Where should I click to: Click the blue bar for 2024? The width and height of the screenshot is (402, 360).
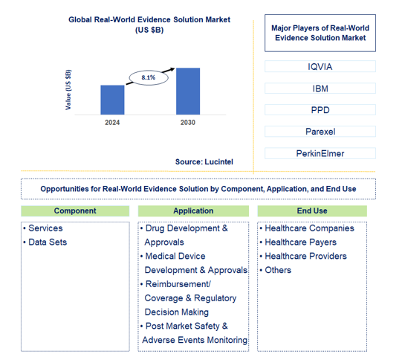(x=112, y=99)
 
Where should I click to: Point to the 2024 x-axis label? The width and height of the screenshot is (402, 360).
(x=112, y=122)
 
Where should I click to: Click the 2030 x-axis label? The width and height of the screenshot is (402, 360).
(x=187, y=122)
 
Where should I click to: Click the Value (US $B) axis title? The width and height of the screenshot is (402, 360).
(x=69, y=90)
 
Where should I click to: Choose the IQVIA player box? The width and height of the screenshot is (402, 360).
(x=320, y=67)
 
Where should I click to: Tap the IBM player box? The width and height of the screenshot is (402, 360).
(x=320, y=89)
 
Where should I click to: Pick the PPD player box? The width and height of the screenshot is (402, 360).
(x=320, y=110)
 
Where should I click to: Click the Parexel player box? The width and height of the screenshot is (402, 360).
(x=320, y=132)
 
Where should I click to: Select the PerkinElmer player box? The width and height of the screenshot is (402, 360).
(x=320, y=153)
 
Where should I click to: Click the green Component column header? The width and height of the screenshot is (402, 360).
(x=75, y=211)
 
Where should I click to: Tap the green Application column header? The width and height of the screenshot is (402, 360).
(x=193, y=211)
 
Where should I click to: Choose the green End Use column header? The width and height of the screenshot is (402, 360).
(x=312, y=211)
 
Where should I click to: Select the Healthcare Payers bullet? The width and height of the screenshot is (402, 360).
(x=300, y=242)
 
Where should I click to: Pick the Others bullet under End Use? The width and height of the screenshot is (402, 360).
(x=278, y=270)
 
